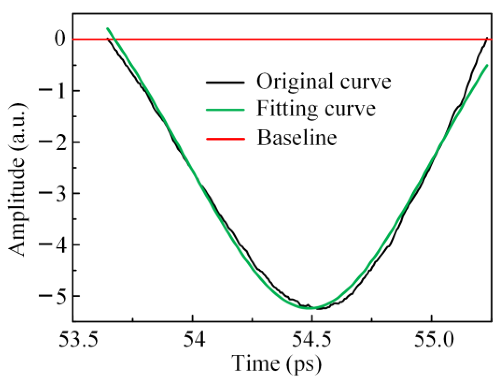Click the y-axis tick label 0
(60, 39)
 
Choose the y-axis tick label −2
(53, 142)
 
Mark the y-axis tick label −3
(53, 193)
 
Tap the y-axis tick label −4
(53, 244)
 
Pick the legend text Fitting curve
(316, 109)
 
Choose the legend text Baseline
(297, 137)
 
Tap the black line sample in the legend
(225, 82)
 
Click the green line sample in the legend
(225, 110)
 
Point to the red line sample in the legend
(225, 138)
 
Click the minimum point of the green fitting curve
(310, 308)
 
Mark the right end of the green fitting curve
(487, 65)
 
